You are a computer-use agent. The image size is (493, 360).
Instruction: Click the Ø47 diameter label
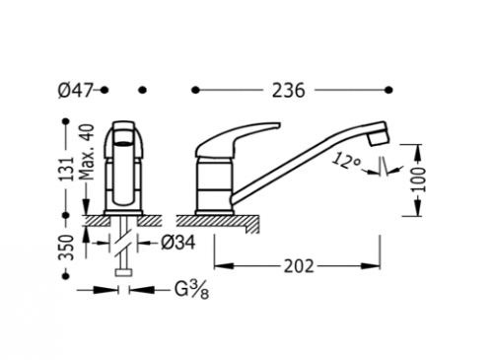[x=75, y=90]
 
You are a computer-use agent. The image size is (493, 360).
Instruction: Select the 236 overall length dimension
[x=288, y=91]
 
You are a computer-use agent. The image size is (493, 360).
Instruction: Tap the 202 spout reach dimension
[x=299, y=266]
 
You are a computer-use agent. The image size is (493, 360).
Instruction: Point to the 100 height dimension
[x=418, y=180]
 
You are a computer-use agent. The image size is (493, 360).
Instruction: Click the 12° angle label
[x=346, y=161]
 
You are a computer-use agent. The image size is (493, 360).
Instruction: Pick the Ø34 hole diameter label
[x=178, y=243]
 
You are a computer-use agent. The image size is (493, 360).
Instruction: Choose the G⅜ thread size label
[x=191, y=290]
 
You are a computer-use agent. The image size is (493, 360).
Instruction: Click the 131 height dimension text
[x=68, y=169]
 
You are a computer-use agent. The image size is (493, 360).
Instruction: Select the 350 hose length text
[x=66, y=248]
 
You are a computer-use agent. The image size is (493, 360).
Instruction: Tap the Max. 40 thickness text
[x=87, y=152]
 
